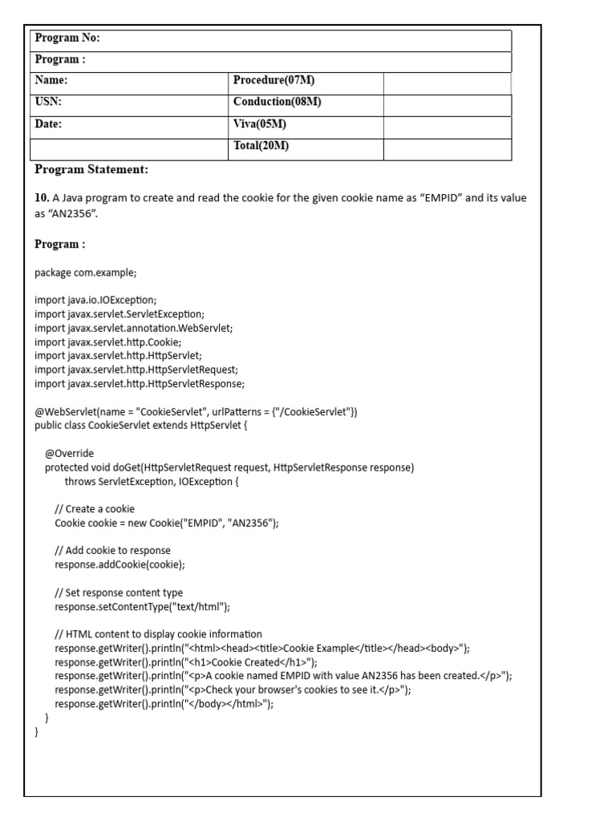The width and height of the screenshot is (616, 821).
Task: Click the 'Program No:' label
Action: click(x=67, y=38)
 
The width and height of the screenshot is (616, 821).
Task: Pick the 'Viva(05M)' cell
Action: click(x=260, y=124)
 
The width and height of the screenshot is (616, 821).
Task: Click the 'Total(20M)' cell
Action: click(x=261, y=146)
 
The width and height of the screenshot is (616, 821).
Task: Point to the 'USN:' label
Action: click(x=48, y=102)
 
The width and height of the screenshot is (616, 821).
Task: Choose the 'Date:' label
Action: click(x=49, y=124)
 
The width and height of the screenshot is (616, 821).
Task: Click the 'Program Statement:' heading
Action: click(x=91, y=170)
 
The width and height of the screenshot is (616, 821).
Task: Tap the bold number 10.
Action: click(x=42, y=198)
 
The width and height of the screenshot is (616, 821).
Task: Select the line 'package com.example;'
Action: click(x=86, y=273)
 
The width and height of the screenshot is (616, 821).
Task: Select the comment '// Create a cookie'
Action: click(x=95, y=509)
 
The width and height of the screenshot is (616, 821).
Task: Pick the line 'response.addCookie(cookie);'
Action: click(x=120, y=564)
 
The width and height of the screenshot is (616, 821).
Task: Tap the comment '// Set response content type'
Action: click(x=119, y=593)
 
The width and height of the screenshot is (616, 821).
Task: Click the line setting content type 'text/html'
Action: click(x=143, y=607)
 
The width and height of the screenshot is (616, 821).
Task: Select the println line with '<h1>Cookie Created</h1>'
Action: click(x=186, y=662)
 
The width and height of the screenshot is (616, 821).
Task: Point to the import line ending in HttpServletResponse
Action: click(x=140, y=383)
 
